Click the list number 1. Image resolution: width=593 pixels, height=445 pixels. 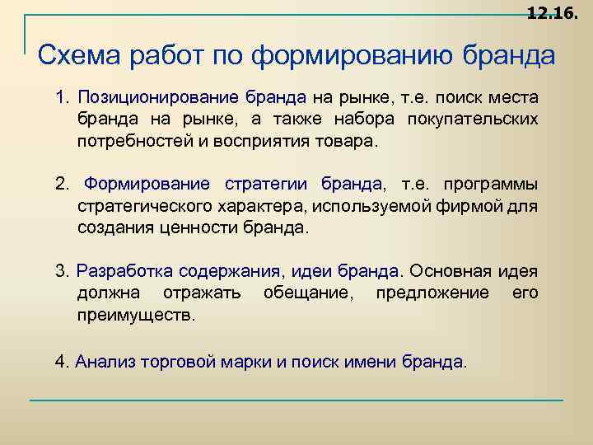click(62, 97)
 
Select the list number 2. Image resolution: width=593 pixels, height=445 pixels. click(62, 183)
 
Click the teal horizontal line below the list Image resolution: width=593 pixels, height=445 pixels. click(296, 400)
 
